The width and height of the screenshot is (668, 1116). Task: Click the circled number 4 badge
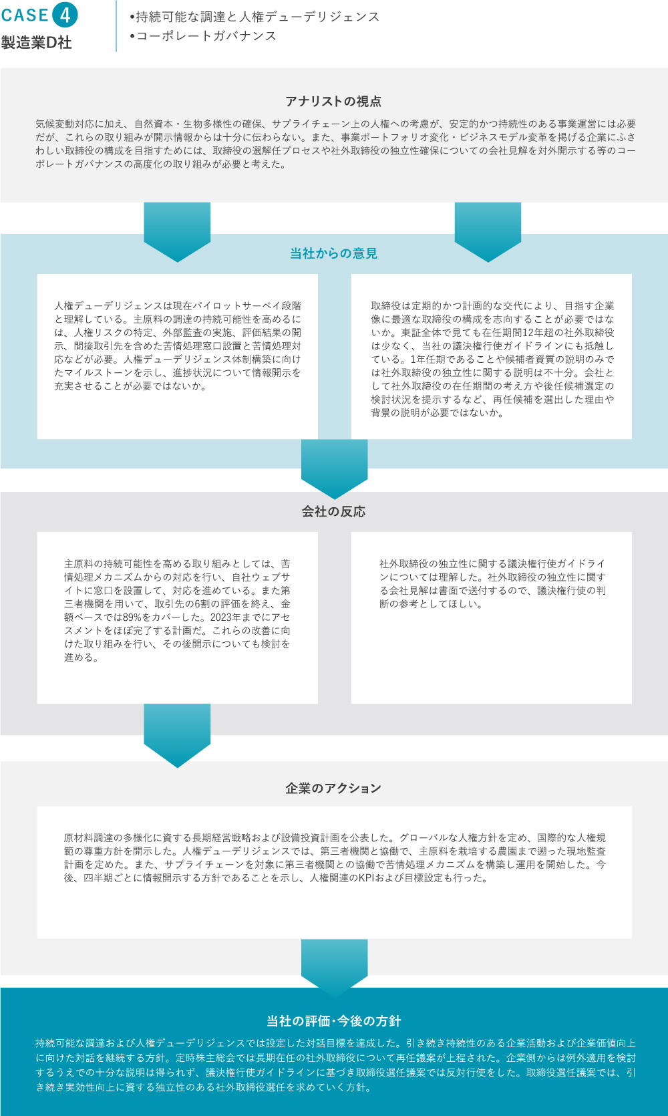click(65, 15)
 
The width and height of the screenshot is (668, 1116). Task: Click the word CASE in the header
click(25, 15)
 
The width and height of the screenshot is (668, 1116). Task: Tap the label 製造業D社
click(36, 43)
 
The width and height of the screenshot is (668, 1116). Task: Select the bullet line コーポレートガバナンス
click(203, 36)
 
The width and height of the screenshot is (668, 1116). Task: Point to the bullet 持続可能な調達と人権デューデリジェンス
click(255, 17)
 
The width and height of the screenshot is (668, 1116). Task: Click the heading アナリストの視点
click(333, 101)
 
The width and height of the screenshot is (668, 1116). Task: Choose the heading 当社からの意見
click(334, 253)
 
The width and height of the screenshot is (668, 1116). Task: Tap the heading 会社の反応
click(334, 512)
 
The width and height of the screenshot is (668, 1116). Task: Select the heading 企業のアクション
click(333, 788)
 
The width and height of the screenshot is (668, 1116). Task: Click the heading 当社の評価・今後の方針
click(334, 1021)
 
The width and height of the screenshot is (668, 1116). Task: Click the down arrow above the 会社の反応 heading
click(334, 469)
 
